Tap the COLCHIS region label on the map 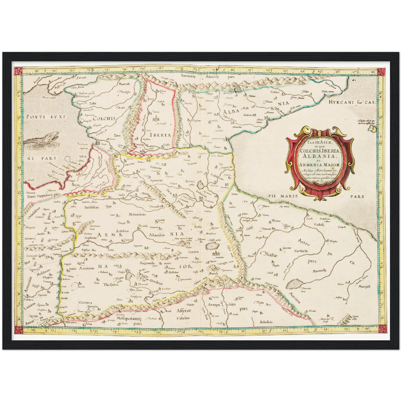tap(104, 118)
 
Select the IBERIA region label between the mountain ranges tap(160, 135)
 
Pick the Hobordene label tap(137, 214)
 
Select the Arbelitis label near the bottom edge tap(266, 322)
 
